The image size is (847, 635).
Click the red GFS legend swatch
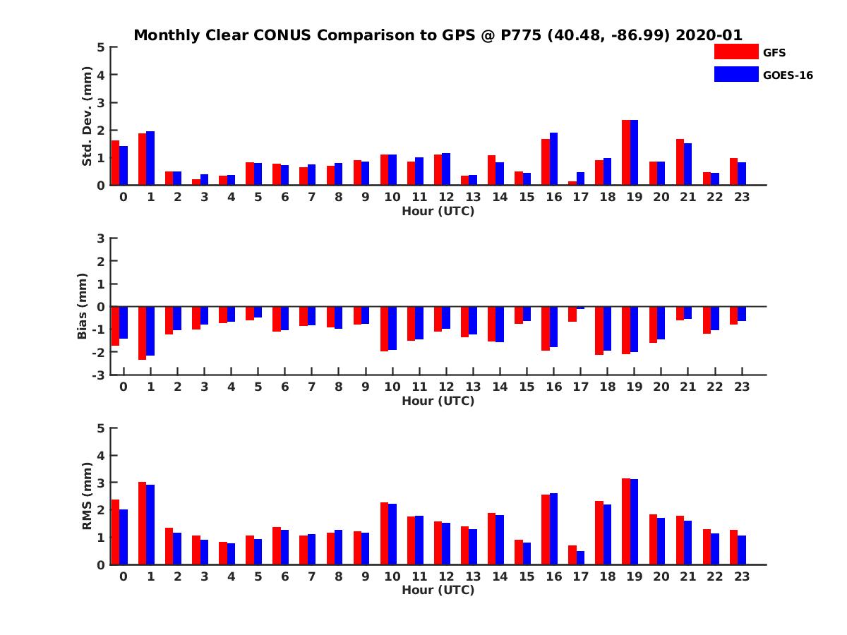735,52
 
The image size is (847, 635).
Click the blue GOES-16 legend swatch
735,74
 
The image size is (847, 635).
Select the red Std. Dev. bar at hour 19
626,152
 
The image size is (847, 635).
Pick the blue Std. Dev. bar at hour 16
553,159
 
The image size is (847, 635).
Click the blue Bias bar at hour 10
392,328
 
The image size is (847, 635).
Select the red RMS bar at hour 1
142,523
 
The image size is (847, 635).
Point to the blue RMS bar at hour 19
634,521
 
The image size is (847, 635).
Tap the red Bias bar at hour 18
599,330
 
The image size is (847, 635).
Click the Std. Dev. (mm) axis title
87,116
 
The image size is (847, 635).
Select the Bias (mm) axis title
83,306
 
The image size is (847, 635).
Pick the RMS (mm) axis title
87,496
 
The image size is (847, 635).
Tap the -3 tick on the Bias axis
100,375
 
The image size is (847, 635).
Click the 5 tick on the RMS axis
102,428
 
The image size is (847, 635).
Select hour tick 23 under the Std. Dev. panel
741,197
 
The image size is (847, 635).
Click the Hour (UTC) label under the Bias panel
438,401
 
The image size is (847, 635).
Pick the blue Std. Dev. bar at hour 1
150,158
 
